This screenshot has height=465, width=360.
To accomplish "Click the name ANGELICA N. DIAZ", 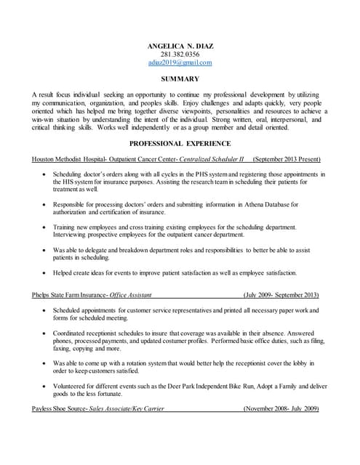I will tap(180, 45).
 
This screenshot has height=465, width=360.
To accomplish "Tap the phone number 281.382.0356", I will tap(180, 54).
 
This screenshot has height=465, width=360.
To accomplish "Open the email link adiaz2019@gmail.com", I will tap(180, 62).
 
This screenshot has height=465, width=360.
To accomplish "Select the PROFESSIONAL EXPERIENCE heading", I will tap(180, 143).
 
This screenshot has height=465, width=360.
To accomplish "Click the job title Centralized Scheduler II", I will tap(212, 158).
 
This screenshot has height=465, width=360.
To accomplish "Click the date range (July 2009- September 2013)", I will tap(281, 296).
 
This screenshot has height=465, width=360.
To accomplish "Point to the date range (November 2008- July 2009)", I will tap(281, 409).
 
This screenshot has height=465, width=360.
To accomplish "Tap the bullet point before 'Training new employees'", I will tap(47, 228).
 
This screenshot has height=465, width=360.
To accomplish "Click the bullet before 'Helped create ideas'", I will tap(47, 273).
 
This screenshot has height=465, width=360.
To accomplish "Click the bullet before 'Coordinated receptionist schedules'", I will tap(47, 333).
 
